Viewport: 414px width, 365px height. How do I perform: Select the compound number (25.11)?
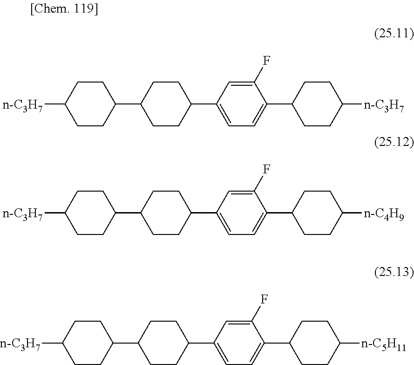[x=394, y=34]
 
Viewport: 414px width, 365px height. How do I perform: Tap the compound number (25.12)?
[x=394, y=143]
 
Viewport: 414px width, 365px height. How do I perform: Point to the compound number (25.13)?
[x=394, y=273]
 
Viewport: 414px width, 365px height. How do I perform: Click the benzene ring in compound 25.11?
[x=242, y=103]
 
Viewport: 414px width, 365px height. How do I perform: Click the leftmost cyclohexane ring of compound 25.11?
[x=90, y=103]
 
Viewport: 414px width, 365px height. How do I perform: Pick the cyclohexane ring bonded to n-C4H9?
[x=318, y=213]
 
